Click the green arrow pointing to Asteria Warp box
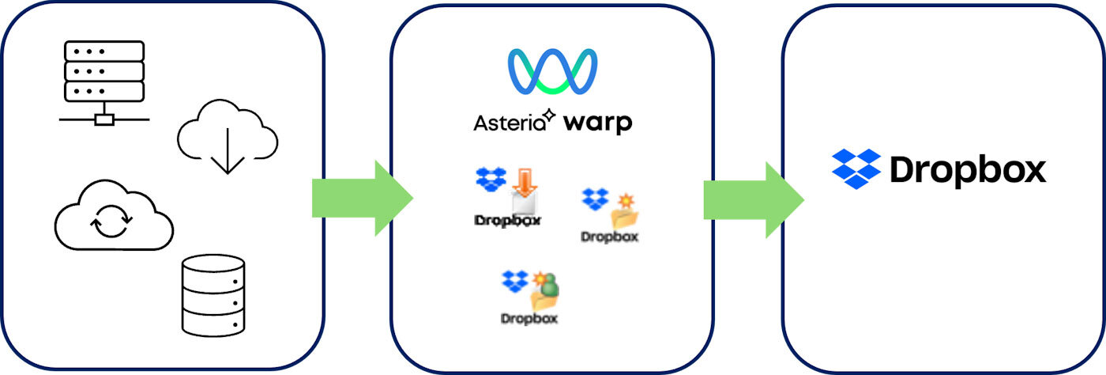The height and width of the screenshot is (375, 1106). click(x=363, y=197)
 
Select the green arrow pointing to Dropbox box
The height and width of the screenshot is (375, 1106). click(x=754, y=199)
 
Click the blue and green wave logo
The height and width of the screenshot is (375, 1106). click(x=552, y=73)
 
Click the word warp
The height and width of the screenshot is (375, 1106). click(x=598, y=124)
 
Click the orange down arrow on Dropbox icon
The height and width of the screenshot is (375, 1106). click(x=523, y=181)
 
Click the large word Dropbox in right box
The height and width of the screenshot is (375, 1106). click(x=968, y=170)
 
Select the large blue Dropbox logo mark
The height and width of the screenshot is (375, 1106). click(x=856, y=168)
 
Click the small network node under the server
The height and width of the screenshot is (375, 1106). click(x=103, y=120)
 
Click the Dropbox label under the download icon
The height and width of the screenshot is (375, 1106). click(x=508, y=221)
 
